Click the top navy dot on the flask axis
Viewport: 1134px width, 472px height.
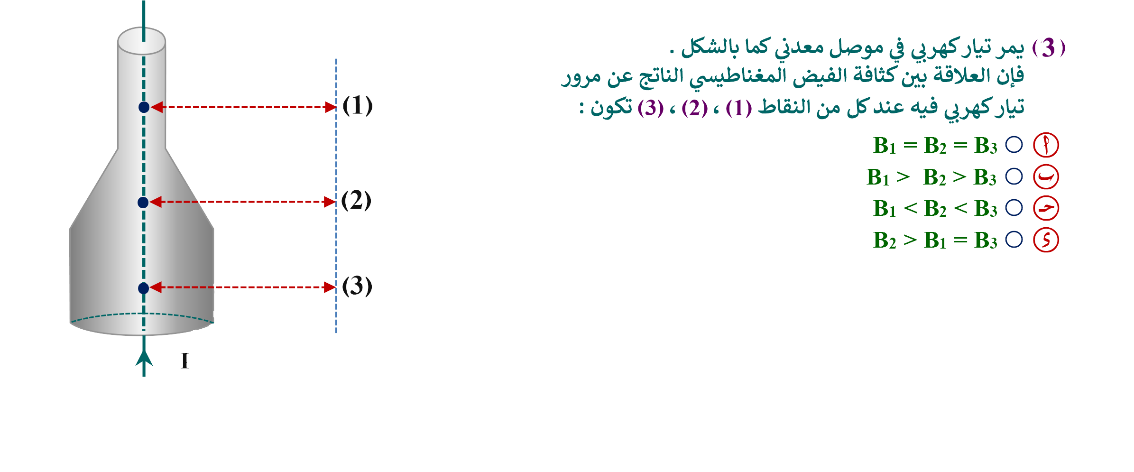tap(144, 107)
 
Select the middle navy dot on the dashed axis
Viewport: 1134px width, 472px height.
tap(143, 203)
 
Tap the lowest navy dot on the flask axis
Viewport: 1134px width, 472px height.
tap(143, 288)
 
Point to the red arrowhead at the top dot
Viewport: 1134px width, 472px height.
tap(157, 107)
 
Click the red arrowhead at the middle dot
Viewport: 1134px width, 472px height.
tap(156, 202)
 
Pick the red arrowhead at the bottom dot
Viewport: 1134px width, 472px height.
tap(156, 287)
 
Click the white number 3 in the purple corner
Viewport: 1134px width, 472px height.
tap(1049, 46)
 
